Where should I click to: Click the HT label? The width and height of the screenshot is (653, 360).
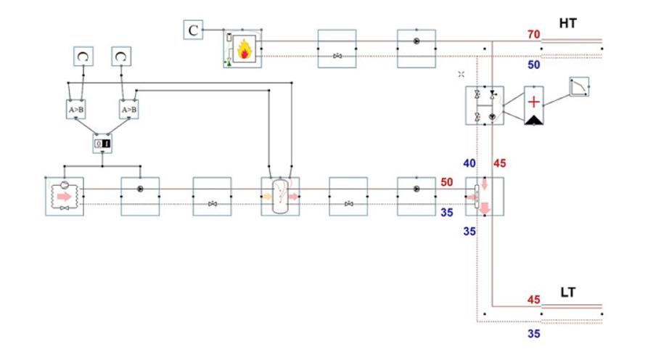click(x=567, y=23)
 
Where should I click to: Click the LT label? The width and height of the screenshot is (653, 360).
click(x=568, y=292)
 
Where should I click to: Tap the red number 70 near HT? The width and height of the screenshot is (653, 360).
click(x=533, y=34)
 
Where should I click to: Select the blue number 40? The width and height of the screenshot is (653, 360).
click(x=469, y=163)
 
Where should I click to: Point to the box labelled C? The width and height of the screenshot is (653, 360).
click(x=193, y=30)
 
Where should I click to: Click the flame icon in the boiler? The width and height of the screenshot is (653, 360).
click(x=245, y=49)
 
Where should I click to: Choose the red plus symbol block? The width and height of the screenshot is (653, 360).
click(x=533, y=105)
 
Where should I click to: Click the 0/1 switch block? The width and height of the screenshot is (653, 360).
click(x=102, y=143)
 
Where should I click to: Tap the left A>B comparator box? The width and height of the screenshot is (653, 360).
click(x=75, y=110)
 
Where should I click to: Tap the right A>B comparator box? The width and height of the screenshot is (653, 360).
click(x=129, y=110)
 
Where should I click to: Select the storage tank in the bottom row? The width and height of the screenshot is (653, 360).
click(x=280, y=196)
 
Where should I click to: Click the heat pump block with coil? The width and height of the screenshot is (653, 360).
click(x=65, y=196)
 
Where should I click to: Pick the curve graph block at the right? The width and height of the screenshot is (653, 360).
click(x=579, y=86)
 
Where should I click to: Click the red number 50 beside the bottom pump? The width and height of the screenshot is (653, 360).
click(x=447, y=182)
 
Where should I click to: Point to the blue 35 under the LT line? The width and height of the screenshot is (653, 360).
click(x=533, y=334)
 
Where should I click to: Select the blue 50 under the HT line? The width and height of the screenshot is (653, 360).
click(x=533, y=65)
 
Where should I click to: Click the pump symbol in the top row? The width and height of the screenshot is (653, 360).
click(x=416, y=41)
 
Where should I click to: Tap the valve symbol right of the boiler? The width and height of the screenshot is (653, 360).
click(x=337, y=56)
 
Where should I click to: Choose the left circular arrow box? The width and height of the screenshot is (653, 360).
click(x=83, y=57)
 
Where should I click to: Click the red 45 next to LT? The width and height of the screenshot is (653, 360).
click(x=533, y=300)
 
